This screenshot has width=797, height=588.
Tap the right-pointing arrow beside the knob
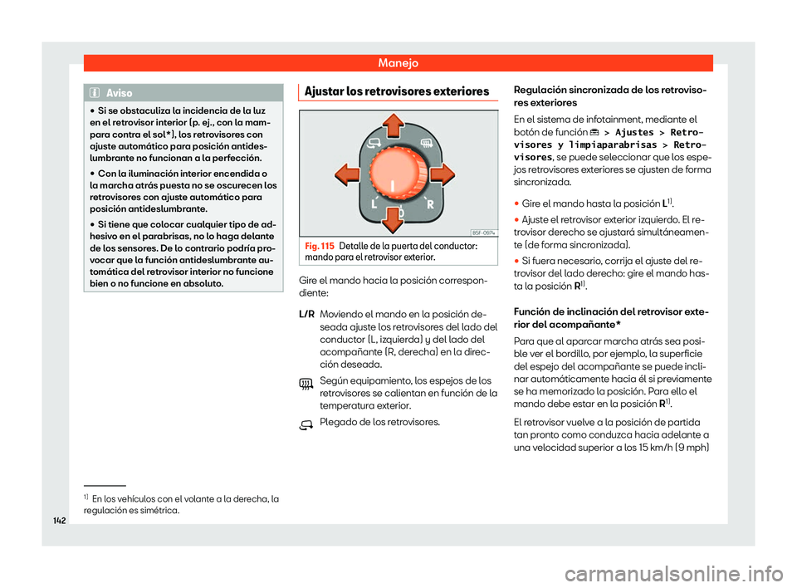pyautogui.click(x=442, y=174)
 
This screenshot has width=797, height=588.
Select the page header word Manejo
pyautogui.click(x=398, y=62)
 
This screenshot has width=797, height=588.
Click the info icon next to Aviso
pyautogui.click(x=97, y=94)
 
